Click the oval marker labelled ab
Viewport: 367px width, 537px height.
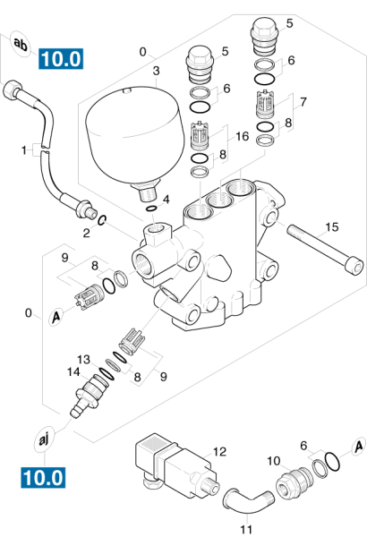tap(21, 44)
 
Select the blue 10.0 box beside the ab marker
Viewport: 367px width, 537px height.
tap(61, 58)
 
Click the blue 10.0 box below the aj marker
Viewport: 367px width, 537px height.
tap(43, 477)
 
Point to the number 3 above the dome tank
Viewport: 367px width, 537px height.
tap(157, 71)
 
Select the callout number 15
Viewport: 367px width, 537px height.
tap(331, 226)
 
